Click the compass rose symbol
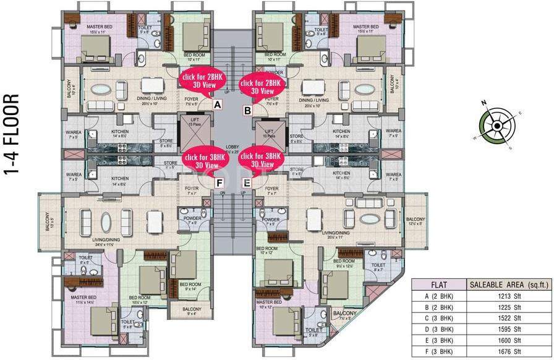click(x=496, y=126)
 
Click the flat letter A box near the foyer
click(x=217, y=106)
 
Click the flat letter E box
click(x=247, y=182)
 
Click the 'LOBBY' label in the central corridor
click(x=232, y=148)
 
